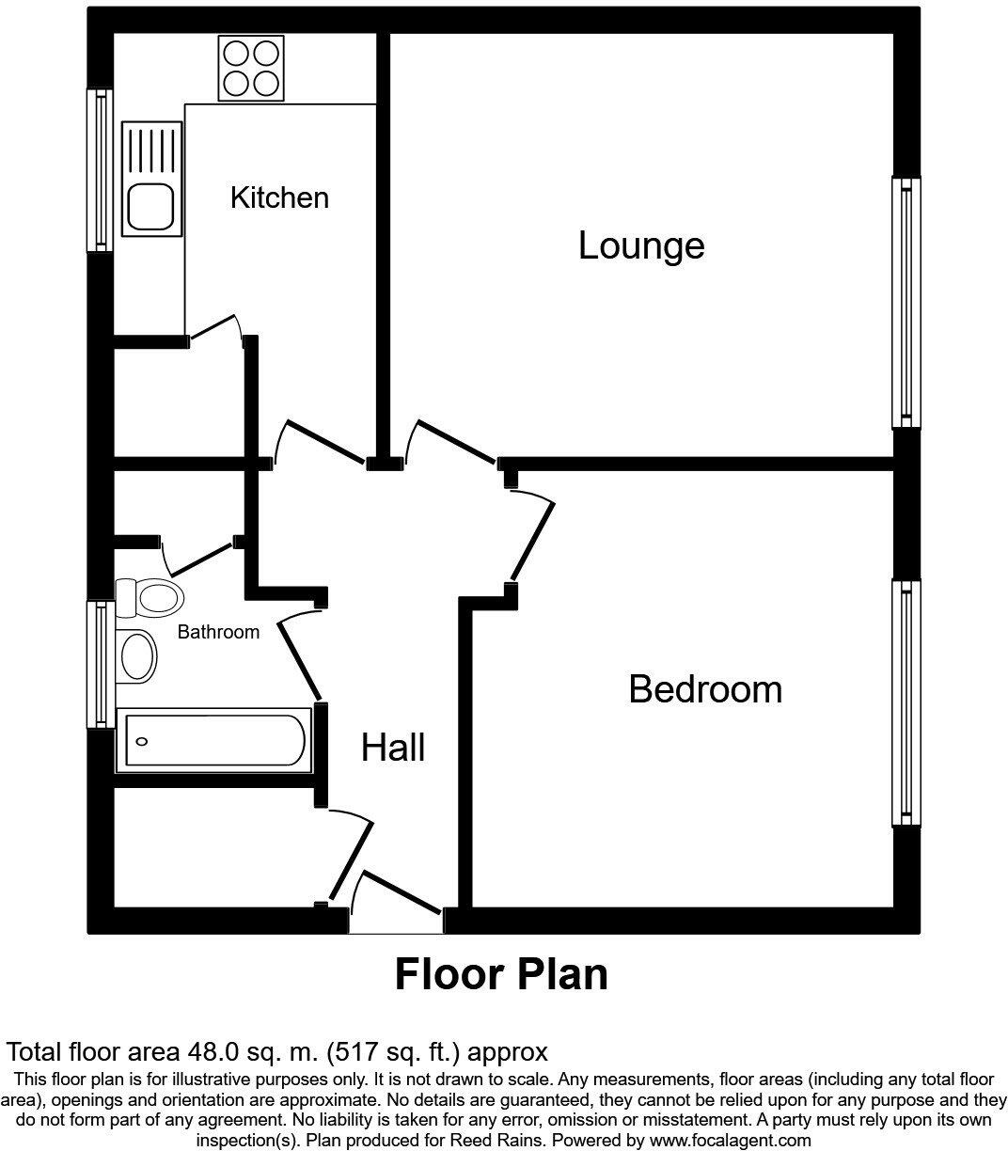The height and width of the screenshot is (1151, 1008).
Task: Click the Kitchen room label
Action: [x=279, y=198]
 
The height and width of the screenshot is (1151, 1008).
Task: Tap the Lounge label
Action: [x=641, y=246]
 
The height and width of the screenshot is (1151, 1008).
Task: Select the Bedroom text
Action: [x=705, y=690]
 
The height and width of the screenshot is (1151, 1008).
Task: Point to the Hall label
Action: [x=393, y=749]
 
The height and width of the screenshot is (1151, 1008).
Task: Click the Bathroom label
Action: [x=218, y=633]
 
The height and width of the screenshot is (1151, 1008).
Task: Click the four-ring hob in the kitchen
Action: [x=251, y=68]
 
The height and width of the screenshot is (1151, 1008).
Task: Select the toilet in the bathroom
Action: [x=149, y=595]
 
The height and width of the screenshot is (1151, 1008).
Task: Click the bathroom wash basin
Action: [x=137, y=655]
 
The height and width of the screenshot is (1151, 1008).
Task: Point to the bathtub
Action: [x=213, y=740]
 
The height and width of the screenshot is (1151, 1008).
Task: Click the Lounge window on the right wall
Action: [x=906, y=303]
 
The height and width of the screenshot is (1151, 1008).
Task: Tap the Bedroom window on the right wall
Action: [x=906, y=702]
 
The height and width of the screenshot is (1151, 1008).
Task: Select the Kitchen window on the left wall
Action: [x=101, y=170]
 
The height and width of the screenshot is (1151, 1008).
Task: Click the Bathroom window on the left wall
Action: [x=100, y=664]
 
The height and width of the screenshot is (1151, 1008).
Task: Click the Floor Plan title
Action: [x=501, y=974]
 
